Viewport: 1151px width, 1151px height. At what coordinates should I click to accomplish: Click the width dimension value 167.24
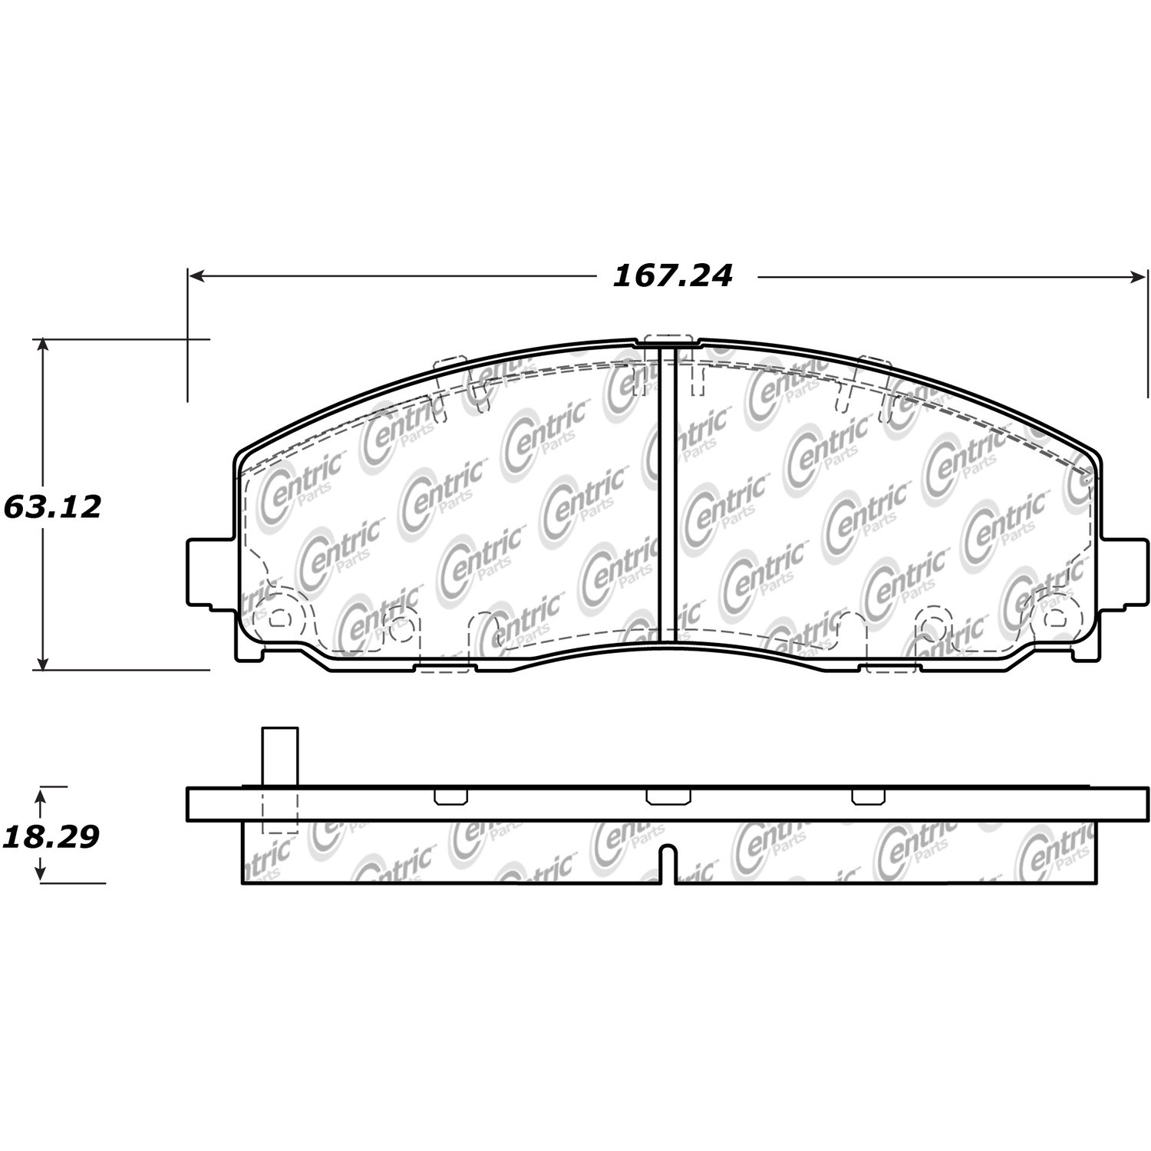[672, 275]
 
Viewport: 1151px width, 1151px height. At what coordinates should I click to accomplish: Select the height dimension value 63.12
[52, 507]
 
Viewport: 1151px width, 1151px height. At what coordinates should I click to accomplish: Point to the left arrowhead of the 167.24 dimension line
[196, 275]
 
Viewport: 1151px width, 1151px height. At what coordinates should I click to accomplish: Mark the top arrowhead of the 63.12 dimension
[44, 346]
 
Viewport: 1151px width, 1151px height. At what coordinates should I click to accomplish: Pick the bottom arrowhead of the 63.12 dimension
[44, 661]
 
